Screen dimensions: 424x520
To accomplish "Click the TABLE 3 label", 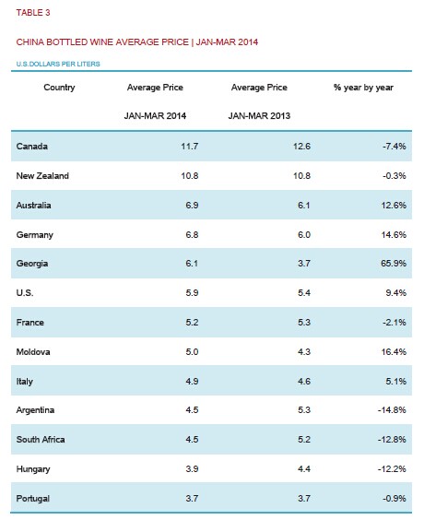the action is (33, 13).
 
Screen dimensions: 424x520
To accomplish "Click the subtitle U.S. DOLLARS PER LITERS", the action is (58, 64).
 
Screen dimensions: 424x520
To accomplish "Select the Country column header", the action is (59, 88).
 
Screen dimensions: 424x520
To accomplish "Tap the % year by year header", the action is (363, 88).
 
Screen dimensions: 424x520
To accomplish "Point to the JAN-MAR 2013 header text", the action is (259, 116).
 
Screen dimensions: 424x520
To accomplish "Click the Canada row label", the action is (32, 147).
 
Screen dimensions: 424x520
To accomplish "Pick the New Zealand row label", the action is (42, 176).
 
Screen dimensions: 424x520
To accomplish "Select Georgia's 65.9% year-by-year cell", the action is (394, 264).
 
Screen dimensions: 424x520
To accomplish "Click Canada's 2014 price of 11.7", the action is (190, 147).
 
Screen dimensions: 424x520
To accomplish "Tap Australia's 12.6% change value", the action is (394, 206).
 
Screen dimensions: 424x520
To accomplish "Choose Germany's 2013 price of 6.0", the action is (304, 235).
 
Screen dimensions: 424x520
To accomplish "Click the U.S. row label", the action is (25, 293).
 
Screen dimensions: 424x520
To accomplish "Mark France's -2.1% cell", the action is (395, 323).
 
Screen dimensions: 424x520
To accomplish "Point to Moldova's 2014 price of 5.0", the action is (192, 352).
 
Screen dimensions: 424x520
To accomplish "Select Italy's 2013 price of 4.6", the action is (304, 382).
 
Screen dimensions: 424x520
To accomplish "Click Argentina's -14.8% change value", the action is (392, 410).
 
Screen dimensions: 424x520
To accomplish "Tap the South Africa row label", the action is (41, 440).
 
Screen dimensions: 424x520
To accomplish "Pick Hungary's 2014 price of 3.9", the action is (192, 469).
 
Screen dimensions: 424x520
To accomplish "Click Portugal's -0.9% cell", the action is (395, 499).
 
